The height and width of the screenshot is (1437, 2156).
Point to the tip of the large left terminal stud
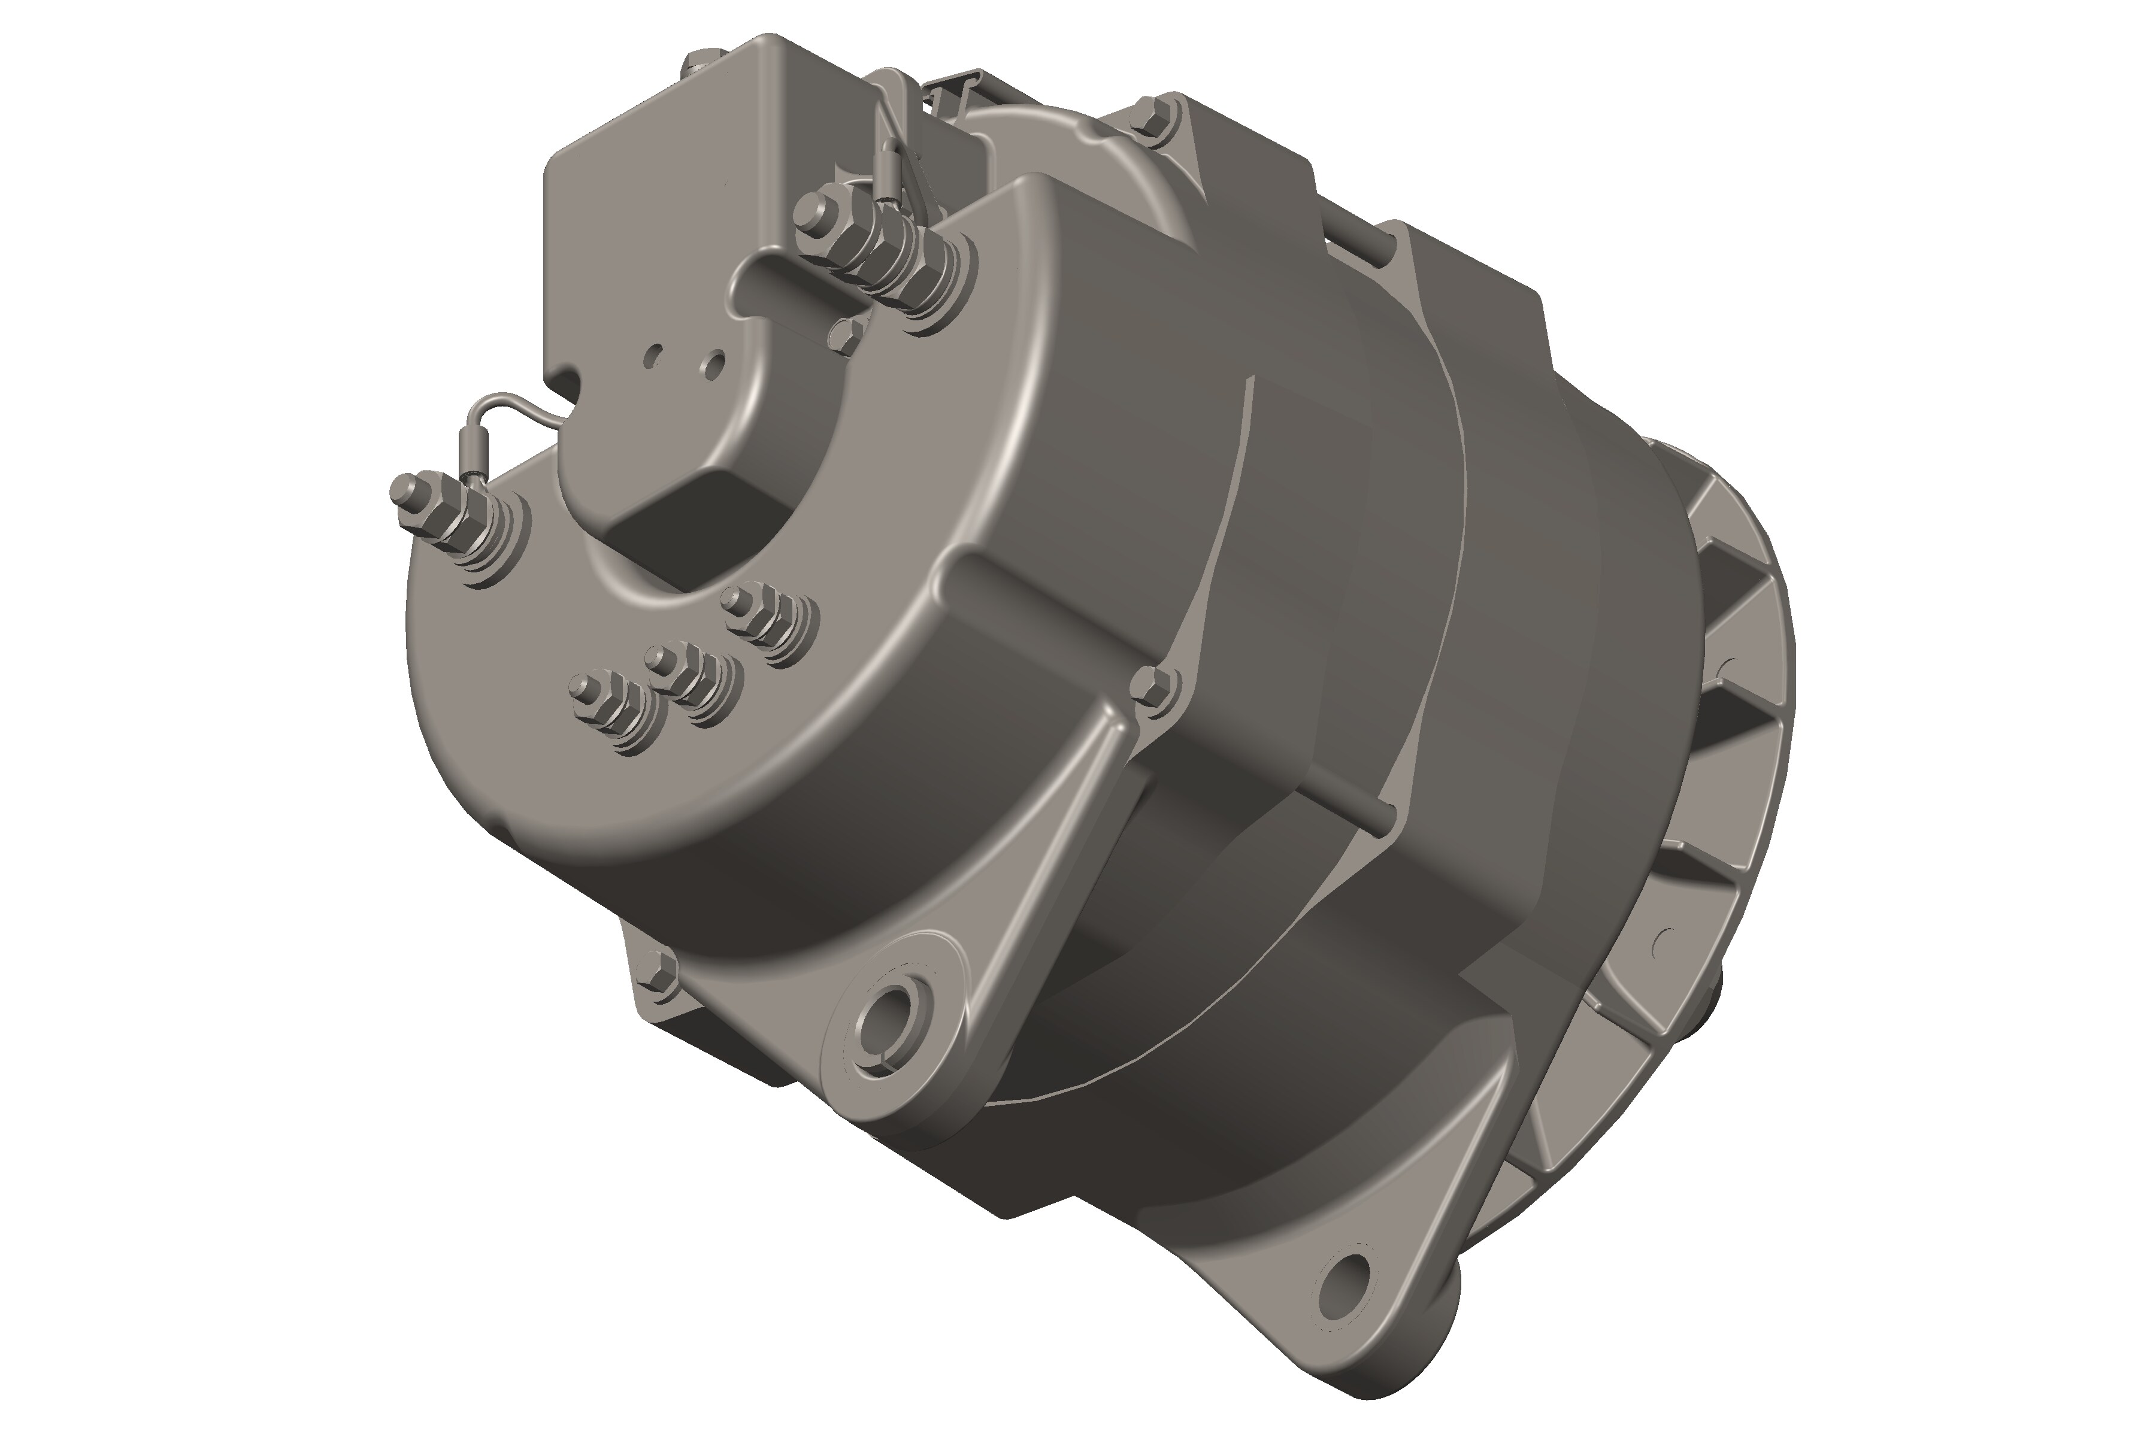click(x=401, y=487)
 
